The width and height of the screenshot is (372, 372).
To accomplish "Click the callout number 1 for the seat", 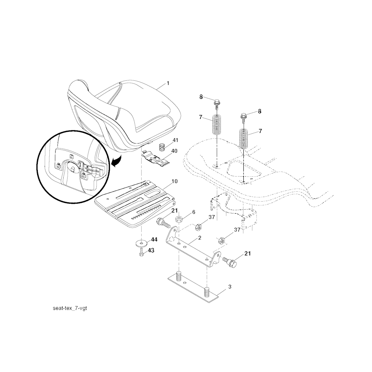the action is pos(168,83).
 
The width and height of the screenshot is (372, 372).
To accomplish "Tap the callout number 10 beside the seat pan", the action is pos(174,182).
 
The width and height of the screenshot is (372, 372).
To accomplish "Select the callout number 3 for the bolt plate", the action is pos(230,287).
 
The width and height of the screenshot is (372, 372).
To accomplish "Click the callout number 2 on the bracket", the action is pos(199,238).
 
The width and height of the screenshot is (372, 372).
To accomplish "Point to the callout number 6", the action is pos(194,212).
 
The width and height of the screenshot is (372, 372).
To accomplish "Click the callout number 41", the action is pos(175,140).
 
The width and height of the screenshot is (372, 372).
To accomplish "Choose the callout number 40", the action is pos(174,151).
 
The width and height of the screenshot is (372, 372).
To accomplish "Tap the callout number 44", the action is pos(154,240).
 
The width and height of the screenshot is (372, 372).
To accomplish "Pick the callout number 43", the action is pos(151,250).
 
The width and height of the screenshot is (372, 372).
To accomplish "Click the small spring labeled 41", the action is pos(162,147).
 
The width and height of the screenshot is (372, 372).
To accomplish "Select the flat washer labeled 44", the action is pos(142,243).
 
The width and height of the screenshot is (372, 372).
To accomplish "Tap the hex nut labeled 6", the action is pos(179,218).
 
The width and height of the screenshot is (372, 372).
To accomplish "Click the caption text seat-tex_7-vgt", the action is pos(70,308).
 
